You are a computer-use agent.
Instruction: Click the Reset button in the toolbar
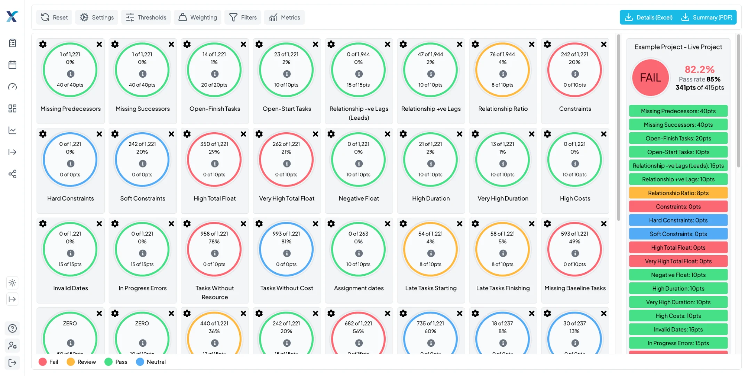pyautogui.click(x=54, y=17)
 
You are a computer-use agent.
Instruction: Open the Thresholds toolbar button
pyautogui.click(x=146, y=17)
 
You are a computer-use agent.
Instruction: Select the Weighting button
pyautogui.click(x=198, y=17)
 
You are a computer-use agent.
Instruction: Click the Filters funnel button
pyautogui.click(x=243, y=17)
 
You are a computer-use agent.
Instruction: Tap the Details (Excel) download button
pyautogui.click(x=649, y=17)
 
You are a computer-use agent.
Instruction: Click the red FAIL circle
pyautogui.click(x=650, y=78)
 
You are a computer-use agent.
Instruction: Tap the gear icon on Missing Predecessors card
pyautogui.click(x=43, y=44)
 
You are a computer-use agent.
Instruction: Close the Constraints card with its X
pyautogui.click(x=604, y=44)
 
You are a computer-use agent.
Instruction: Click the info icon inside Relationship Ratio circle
pyautogui.click(x=503, y=74)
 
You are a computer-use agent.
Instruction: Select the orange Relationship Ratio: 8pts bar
pyautogui.click(x=678, y=193)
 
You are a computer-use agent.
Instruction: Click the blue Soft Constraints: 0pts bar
pyautogui.click(x=678, y=234)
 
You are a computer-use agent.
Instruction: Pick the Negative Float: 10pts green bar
pyautogui.click(x=678, y=275)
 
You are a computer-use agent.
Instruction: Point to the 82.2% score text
pyautogui.click(x=699, y=69)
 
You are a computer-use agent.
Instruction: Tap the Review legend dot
pyautogui.click(x=71, y=362)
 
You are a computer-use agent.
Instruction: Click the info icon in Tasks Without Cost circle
pyautogui.click(x=287, y=253)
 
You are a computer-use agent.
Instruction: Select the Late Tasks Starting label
pyautogui.click(x=431, y=288)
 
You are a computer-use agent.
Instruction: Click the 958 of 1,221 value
pyautogui.click(x=214, y=234)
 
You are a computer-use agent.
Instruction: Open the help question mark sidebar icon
pyautogui.click(x=13, y=328)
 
